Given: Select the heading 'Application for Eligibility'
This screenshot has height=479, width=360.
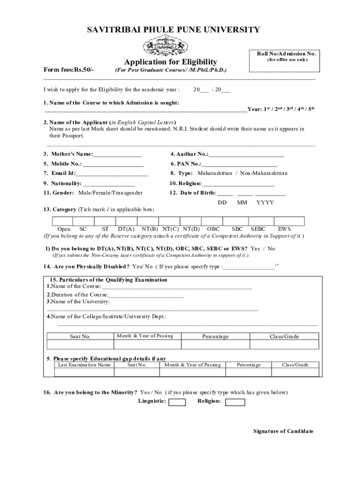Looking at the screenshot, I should [x=170, y=62].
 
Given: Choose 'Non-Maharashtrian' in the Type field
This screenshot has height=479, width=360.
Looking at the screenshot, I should [x=264, y=173].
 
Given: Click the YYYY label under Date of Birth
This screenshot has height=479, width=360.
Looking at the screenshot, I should [x=265, y=203].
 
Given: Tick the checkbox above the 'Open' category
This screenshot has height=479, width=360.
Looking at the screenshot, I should [x=63, y=221].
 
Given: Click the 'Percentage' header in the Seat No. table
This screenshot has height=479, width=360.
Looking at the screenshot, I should [x=216, y=336].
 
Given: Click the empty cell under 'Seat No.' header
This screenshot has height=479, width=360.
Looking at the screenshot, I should [x=80, y=345].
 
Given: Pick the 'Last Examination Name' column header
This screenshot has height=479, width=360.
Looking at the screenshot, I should [x=84, y=365].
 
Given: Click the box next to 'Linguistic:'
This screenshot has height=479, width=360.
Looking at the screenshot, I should [x=177, y=402].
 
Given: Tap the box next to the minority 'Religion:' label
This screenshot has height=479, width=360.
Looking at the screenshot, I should [x=235, y=402].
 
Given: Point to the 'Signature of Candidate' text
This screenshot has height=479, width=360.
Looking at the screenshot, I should [x=283, y=431].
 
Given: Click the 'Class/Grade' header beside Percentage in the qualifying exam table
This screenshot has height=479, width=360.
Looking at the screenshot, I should [x=284, y=336].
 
